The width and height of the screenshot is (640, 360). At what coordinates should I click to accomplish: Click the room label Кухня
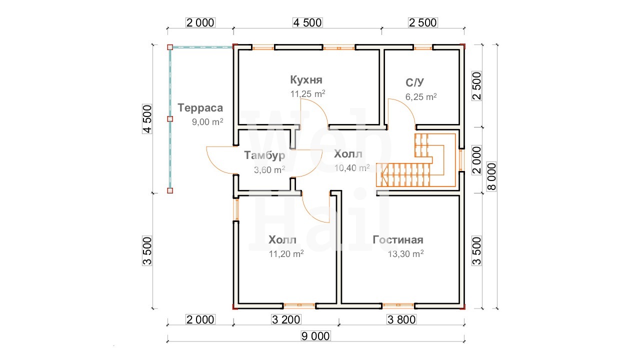click(x=306, y=80)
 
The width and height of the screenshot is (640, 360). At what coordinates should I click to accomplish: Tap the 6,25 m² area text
click(x=421, y=97)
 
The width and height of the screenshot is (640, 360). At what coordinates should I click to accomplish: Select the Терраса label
click(x=200, y=108)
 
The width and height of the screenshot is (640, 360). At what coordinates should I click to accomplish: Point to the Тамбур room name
click(x=264, y=155)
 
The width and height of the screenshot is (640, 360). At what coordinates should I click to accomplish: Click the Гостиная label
click(x=397, y=239)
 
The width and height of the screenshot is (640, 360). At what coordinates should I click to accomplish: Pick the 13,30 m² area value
click(x=405, y=253)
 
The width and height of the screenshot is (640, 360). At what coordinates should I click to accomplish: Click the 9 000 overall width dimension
click(x=315, y=336)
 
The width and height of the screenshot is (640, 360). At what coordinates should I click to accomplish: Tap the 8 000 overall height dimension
click(x=491, y=176)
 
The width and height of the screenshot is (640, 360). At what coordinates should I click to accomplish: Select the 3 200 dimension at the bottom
click(x=286, y=319)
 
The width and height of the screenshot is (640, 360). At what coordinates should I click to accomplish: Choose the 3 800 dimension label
click(x=401, y=319)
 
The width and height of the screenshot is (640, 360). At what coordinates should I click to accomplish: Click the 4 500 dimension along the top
click(x=307, y=22)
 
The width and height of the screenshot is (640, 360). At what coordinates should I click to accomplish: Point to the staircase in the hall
click(x=415, y=160)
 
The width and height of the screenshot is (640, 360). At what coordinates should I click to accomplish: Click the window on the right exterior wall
click(x=461, y=160)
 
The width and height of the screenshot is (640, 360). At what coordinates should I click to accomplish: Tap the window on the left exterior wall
click(x=236, y=209)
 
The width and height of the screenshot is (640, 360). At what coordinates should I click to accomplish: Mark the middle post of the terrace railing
click(x=170, y=119)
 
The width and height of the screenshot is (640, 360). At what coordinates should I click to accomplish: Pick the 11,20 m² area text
click(x=286, y=253)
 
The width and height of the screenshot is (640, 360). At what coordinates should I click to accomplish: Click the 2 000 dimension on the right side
click(x=477, y=160)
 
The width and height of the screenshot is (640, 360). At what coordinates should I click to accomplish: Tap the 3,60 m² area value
click(x=269, y=169)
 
